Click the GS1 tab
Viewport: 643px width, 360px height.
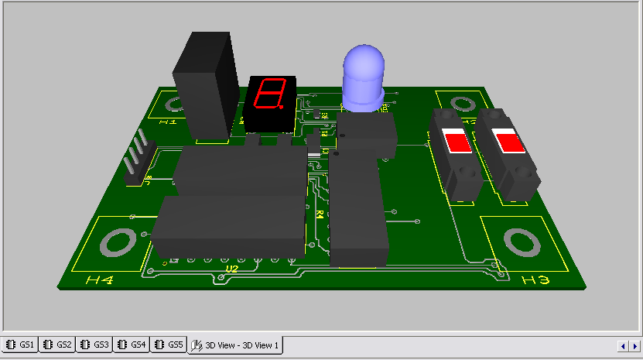21,345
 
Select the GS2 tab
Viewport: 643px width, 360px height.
58,345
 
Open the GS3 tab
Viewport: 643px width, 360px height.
95,345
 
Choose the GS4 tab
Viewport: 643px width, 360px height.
132,345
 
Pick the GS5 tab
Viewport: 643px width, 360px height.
169,345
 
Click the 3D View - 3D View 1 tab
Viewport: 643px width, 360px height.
236,345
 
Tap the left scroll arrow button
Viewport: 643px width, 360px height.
622,345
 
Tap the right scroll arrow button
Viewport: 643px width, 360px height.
633,345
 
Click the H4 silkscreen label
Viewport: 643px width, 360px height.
99,280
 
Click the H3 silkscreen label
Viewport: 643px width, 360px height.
535,279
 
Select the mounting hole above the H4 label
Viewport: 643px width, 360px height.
117,243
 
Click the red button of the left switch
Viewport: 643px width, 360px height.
457,142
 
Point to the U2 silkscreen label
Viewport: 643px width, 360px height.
231,269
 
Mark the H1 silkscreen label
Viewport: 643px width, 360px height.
167,122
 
